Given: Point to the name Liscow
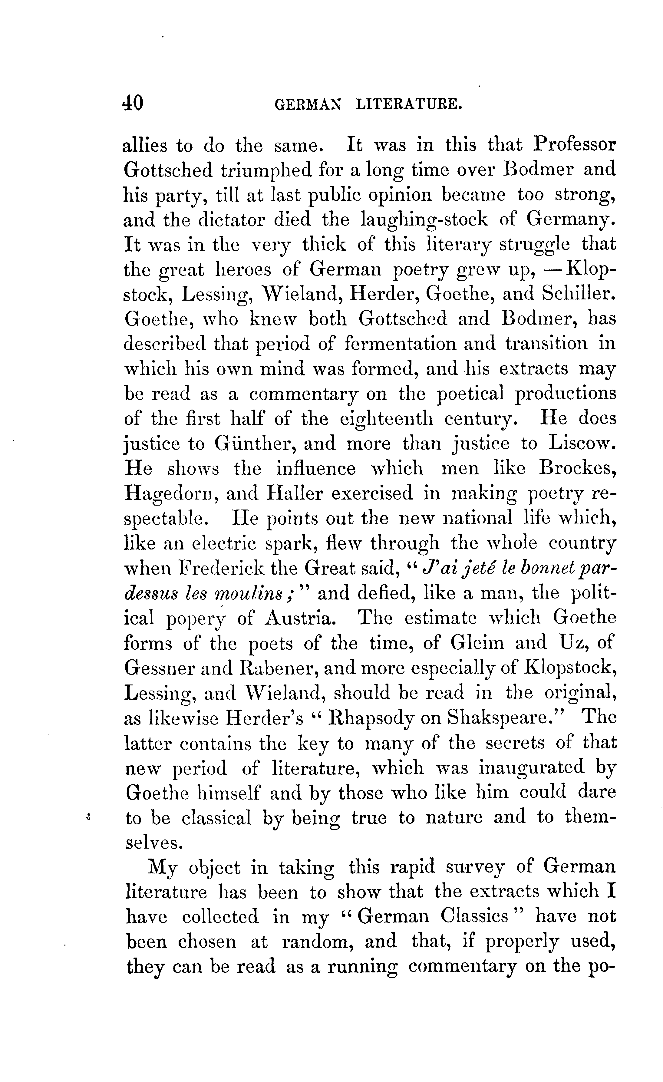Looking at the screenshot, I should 582,444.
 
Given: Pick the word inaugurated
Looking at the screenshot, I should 531,767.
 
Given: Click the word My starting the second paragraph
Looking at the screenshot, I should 163,868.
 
